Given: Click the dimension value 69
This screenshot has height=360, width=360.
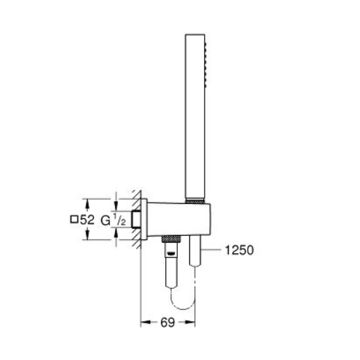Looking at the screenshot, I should point(168,321).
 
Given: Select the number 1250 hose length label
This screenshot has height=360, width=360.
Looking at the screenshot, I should point(239,250).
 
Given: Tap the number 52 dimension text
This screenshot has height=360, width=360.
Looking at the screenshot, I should point(88,220).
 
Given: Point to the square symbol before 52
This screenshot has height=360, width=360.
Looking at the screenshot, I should point(74,220).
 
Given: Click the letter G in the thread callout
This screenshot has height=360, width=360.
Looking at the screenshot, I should point(104,220).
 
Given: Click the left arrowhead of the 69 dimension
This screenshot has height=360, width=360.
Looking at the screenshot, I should point(143,321).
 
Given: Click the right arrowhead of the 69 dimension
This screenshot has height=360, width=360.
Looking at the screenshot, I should point(193,321).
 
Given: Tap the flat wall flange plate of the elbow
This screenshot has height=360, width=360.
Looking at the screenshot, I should point(140,219).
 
